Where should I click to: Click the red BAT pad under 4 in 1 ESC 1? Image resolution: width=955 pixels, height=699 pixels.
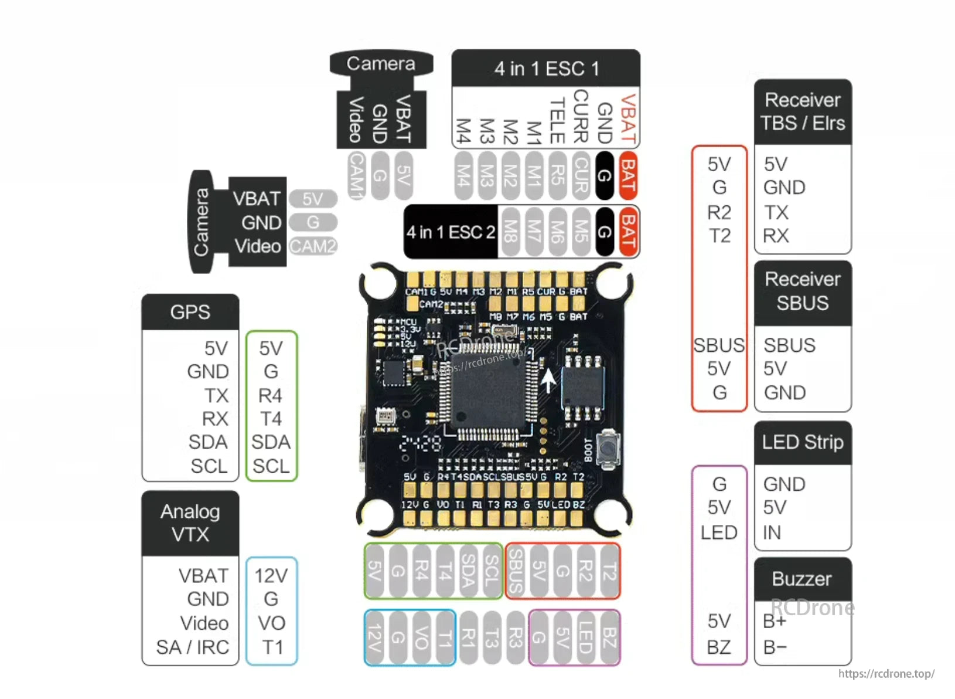click(x=627, y=175)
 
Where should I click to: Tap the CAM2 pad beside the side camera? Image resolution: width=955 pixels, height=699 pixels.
click(x=313, y=246)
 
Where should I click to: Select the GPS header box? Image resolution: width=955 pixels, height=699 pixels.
click(x=190, y=312)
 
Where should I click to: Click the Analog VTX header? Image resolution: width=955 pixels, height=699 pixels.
click(x=190, y=523)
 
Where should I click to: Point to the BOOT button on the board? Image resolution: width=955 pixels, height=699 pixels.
click(x=609, y=448)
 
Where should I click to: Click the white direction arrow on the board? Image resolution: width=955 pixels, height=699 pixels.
click(x=548, y=381)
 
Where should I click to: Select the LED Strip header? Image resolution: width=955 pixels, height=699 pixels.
click(x=802, y=442)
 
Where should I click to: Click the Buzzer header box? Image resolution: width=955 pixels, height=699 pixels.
click(x=802, y=579)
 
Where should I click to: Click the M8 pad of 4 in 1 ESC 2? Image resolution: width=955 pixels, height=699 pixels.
click(x=510, y=231)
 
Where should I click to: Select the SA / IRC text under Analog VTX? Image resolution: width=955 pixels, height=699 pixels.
click(x=192, y=647)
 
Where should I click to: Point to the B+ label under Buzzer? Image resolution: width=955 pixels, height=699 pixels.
click(x=775, y=622)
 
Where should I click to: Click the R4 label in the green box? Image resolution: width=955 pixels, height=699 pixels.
click(x=271, y=396)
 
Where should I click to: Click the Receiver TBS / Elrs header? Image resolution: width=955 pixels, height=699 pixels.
click(x=802, y=111)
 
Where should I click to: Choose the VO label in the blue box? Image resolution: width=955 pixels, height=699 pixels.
click(x=271, y=623)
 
